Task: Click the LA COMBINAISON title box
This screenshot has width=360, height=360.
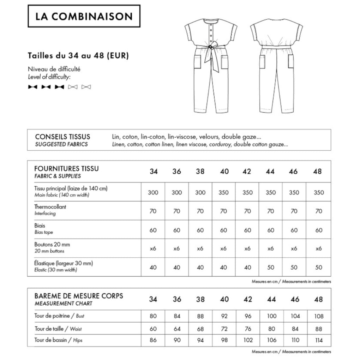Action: (84, 16)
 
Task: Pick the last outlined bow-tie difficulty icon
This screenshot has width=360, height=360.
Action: (86, 86)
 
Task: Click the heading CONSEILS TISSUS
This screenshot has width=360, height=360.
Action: (62, 137)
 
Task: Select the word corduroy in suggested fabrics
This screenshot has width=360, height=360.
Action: (219, 144)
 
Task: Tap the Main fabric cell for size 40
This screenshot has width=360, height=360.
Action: (224, 192)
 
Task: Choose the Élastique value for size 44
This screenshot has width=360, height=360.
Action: (271, 267)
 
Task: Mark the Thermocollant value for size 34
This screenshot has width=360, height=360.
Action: (153, 211)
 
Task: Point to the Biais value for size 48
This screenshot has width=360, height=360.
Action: (318, 230)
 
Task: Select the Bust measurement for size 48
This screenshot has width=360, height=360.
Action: (318, 316)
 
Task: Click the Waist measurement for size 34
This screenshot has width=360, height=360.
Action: (153, 329)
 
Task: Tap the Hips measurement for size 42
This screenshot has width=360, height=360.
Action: (248, 341)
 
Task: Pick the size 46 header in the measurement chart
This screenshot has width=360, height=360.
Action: (295, 299)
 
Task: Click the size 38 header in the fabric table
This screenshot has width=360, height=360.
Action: (200, 172)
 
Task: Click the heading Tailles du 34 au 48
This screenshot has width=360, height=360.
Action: (78, 55)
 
